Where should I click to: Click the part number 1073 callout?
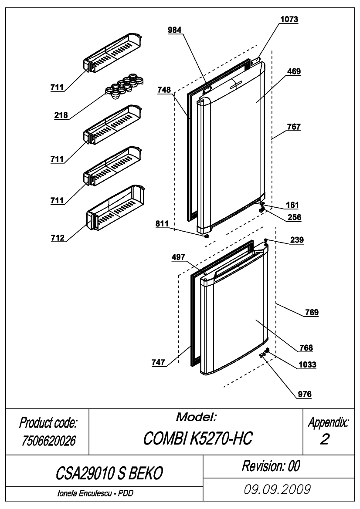[x=289, y=20]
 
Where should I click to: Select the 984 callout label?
[x=174, y=30]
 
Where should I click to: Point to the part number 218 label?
[x=61, y=115]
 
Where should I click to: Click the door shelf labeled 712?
[x=115, y=208]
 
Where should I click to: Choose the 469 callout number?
[x=294, y=71]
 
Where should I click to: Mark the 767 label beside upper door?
[x=294, y=127]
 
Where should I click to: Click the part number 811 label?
[x=162, y=223]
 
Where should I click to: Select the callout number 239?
[x=297, y=240]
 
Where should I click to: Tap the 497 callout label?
[x=178, y=257]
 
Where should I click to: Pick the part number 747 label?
[x=158, y=362]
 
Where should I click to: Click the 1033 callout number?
[x=307, y=365]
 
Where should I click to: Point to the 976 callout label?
[x=305, y=394]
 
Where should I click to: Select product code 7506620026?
[x=48, y=441]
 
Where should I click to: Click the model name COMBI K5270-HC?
[x=197, y=438]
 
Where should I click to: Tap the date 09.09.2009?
[x=277, y=489]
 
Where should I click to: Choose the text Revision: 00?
[x=271, y=466]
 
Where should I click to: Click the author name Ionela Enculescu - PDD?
[x=95, y=493]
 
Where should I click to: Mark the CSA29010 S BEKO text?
[x=109, y=473]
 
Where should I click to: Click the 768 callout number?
[x=306, y=348]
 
